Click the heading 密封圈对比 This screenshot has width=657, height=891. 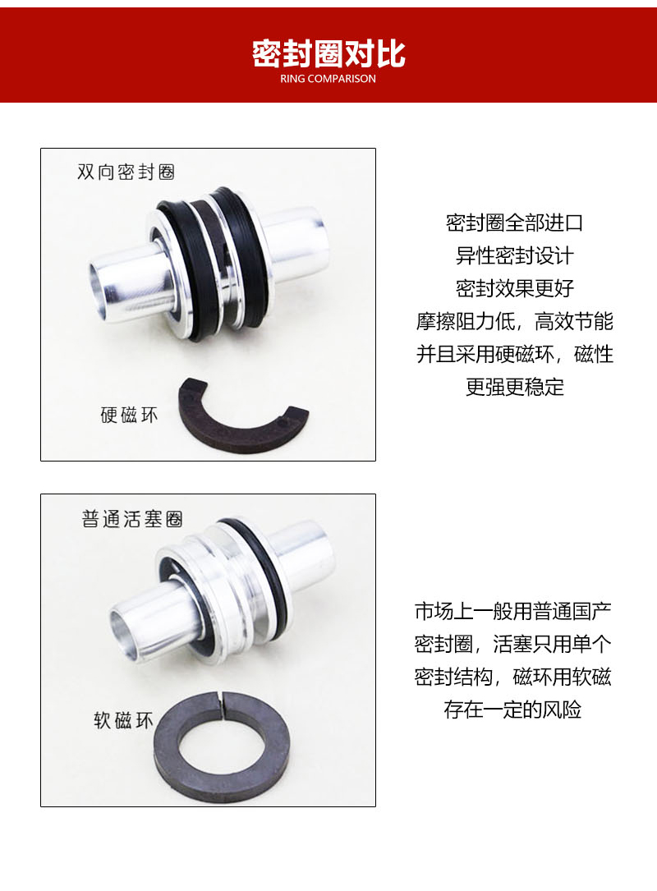pos(328,54)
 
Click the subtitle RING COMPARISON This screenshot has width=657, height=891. pos(328,79)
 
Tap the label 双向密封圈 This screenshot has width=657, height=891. pos(126,172)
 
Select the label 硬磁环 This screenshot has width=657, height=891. pos(129,415)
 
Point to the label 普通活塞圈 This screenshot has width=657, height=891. pos(132,519)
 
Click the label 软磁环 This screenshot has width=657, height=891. pos(123,720)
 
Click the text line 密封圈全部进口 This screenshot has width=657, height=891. pos(514,223)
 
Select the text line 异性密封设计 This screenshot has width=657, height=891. pos(514,255)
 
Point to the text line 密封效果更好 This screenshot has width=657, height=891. pos(514,289)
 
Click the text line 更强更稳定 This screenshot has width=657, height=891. pos(514,387)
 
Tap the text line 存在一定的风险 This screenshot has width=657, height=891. pos(512,710)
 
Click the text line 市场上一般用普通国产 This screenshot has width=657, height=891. pos(512,612)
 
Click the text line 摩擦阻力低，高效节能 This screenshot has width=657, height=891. pos(514,322)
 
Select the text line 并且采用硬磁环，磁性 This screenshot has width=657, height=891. pos(514,354)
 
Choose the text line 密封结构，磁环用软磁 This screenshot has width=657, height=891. pos(512,677)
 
